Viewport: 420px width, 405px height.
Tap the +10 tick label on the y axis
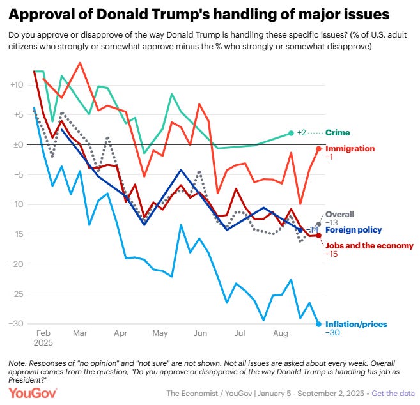pos(17,84)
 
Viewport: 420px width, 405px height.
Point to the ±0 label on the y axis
pos(17,144)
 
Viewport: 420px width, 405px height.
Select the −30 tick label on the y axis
pos(17,323)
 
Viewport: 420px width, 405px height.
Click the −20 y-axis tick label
pos(17,264)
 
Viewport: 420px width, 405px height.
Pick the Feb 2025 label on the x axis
pos(43,339)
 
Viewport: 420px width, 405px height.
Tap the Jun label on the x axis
pos(200,333)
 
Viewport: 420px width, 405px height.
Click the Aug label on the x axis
pos(279,333)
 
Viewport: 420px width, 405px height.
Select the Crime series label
pos(339,133)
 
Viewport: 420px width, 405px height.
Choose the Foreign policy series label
pos(354,230)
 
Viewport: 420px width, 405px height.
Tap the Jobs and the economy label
pos(369,245)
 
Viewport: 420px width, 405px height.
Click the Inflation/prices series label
pos(356,324)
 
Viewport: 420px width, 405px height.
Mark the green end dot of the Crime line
pos(292,133)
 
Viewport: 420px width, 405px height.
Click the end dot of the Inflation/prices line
pos(318,323)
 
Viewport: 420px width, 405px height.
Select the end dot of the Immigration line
pos(318,148)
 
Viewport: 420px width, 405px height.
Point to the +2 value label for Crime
pos(303,133)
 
